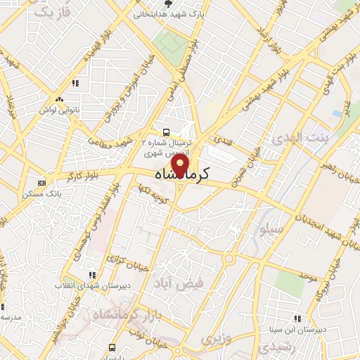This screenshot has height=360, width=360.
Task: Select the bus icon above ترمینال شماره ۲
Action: tap(166, 131)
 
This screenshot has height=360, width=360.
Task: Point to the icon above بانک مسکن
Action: tap(42, 183)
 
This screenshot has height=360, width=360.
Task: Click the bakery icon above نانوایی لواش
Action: tap(59, 100)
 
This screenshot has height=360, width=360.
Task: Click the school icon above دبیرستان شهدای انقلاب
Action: tap(91, 275)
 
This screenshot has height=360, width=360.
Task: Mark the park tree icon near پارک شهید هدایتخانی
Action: tap(167, 3)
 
